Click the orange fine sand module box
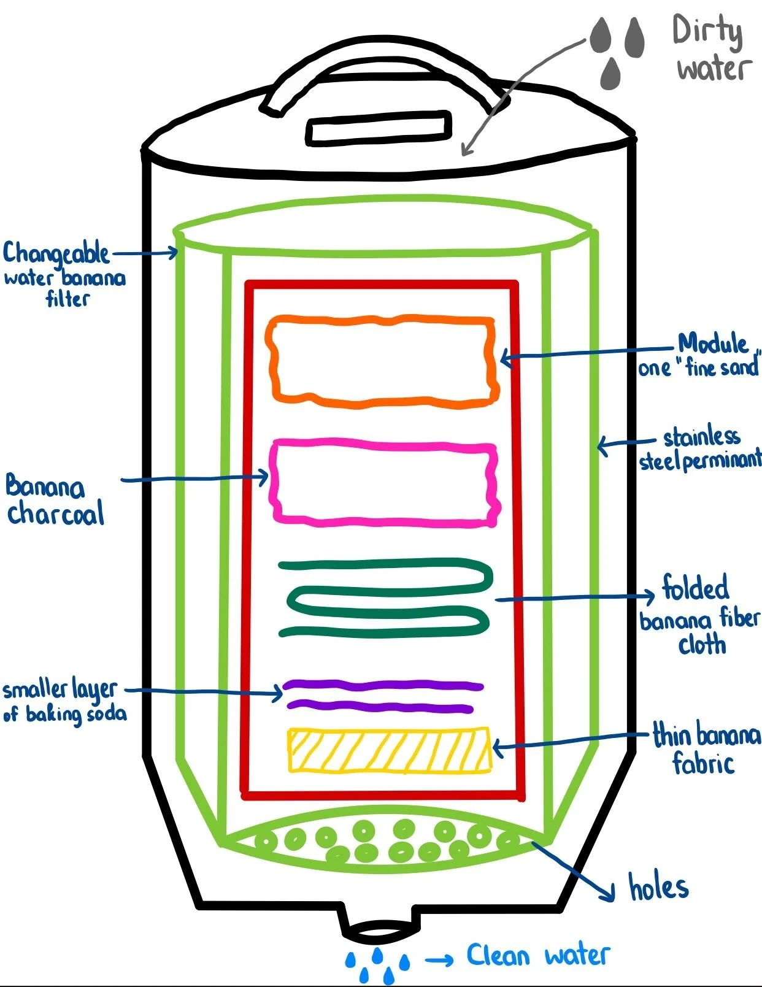(382, 361)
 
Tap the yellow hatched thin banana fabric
(390, 750)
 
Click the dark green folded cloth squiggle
(385, 597)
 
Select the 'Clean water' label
(537, 955)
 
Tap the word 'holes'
(658, 887)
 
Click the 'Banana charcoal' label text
(54, 501)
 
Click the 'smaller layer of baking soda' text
(64, 701)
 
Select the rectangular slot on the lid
(379, 128)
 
